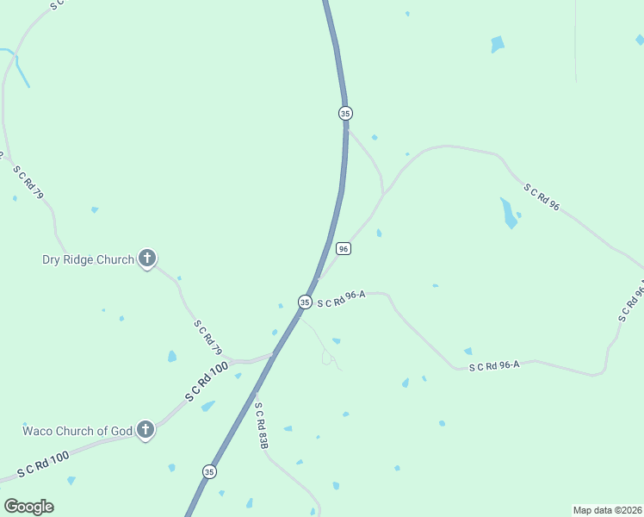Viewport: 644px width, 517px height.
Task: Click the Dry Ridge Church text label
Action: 88,259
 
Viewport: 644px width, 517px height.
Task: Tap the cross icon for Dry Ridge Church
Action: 147,258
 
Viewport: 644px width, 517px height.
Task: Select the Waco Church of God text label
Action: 77,431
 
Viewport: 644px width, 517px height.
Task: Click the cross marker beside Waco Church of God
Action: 146,429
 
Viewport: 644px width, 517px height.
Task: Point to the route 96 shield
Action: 344,248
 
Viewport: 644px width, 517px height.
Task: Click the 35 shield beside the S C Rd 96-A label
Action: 305,302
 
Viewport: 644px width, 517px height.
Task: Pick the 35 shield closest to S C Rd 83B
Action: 209,471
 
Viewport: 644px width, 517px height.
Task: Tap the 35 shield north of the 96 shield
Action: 345,113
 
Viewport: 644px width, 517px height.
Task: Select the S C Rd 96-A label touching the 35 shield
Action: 341,299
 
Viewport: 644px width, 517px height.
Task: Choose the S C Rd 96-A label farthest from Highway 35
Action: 494,366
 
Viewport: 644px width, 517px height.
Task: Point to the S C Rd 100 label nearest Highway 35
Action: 207,382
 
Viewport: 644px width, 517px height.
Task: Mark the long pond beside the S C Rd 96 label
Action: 509,212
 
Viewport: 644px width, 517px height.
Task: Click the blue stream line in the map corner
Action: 19,68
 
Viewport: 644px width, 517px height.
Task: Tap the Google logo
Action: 28,507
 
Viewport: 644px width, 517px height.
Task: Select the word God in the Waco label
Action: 121,431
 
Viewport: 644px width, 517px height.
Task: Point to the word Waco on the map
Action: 39,431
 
